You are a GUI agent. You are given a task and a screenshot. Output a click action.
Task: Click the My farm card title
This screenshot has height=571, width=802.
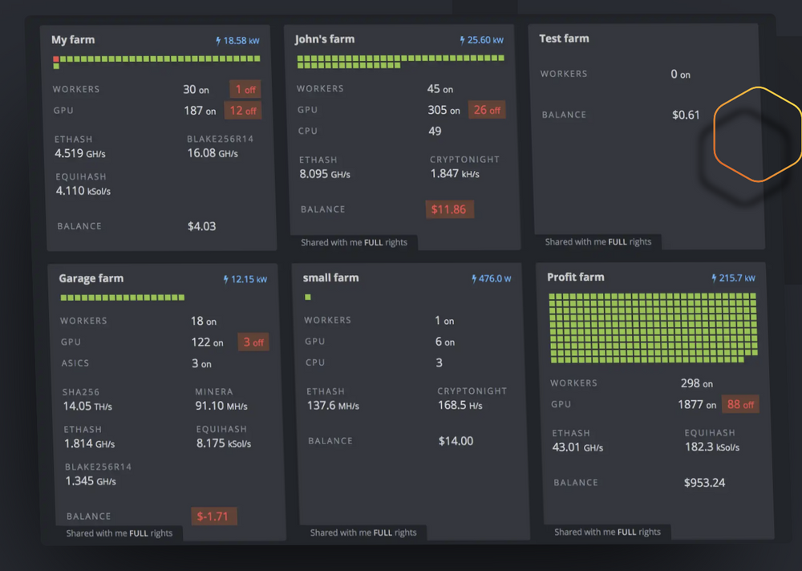[x=73, y=39]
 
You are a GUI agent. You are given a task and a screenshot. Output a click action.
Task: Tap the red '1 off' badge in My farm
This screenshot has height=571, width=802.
[x=245, y=89]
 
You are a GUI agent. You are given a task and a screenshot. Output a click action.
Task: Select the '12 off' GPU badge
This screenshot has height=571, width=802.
[x=245, y=111]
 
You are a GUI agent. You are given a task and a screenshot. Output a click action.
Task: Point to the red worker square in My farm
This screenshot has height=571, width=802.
[x=55, y=59]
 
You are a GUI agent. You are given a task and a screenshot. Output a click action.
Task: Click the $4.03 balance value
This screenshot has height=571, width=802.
[x=201, y=226]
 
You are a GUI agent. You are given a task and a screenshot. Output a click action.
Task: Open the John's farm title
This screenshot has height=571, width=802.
[x=324, y=38]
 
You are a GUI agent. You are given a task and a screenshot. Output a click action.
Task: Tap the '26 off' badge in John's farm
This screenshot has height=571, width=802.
[x=487, y=110]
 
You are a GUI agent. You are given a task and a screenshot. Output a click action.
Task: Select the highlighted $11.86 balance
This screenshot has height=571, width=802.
[x=449, y=209]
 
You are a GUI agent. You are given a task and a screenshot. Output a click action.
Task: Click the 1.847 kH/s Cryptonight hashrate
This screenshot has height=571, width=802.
[x=456, y=173]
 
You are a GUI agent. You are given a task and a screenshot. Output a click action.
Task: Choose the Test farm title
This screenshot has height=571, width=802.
[x=564, y=38]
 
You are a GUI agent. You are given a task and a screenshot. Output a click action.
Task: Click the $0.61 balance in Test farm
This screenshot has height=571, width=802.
[x=686, y=115]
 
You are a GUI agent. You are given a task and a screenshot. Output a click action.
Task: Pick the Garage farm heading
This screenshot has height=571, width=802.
[x=91, y=278]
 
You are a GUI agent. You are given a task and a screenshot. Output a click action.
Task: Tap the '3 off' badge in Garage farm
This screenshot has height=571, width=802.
[x=253, y=342]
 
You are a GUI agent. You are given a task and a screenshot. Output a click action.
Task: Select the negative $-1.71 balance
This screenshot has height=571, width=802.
[x=213, y=516]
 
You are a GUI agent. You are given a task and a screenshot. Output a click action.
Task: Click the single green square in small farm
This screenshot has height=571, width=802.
[x=308, y=297]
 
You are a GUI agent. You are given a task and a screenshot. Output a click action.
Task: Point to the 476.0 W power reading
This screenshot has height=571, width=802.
[x=492, y=278]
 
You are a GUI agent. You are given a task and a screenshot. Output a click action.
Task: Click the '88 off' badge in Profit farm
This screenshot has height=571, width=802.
[x=740, y=404]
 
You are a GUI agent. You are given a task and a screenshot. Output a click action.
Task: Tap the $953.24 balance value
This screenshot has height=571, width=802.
[x=704, y=482]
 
